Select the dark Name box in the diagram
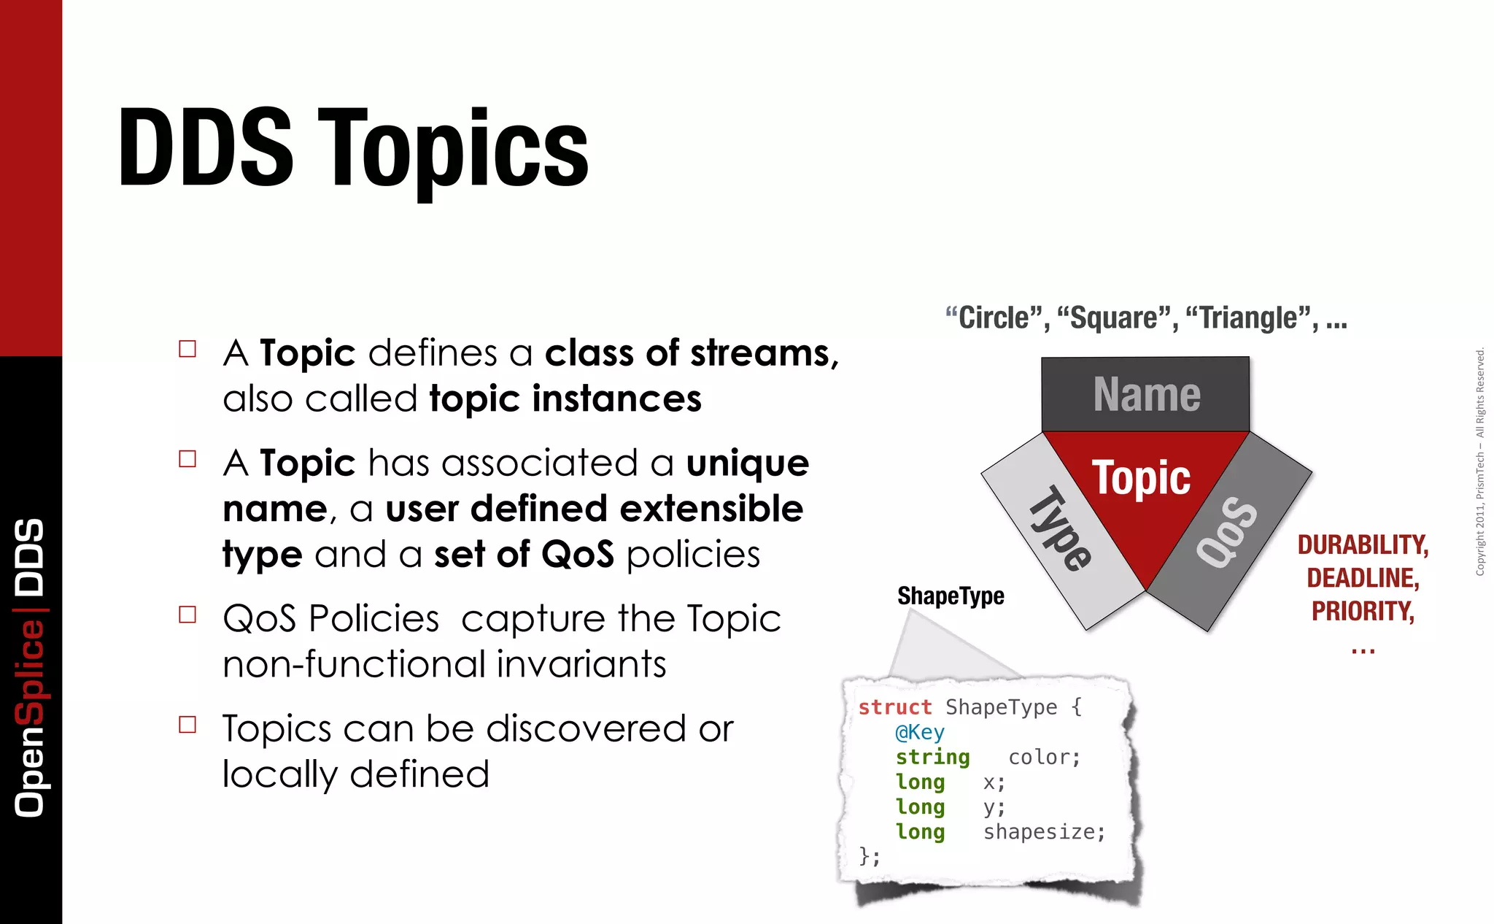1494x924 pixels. coord(1145,394)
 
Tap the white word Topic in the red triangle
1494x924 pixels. coord(1141,478)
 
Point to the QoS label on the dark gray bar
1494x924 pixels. coord(1227,531)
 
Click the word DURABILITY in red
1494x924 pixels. coord(1362,545)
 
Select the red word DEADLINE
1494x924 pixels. coord(1362,578)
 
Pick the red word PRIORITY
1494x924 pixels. coord(1362,611)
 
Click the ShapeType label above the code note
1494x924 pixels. coord(951,596)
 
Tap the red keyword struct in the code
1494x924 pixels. coord(895,707)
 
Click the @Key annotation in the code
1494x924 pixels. coord(920,732)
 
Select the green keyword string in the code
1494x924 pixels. coord(932,758)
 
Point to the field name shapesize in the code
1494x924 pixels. coord(1044,832)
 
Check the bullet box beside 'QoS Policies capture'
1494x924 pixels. coord(187,615)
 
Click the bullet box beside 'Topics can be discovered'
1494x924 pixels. coord(187,725)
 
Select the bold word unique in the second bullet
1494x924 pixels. coord(747,463)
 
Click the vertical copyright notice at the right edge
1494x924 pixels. coord(1480,461)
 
